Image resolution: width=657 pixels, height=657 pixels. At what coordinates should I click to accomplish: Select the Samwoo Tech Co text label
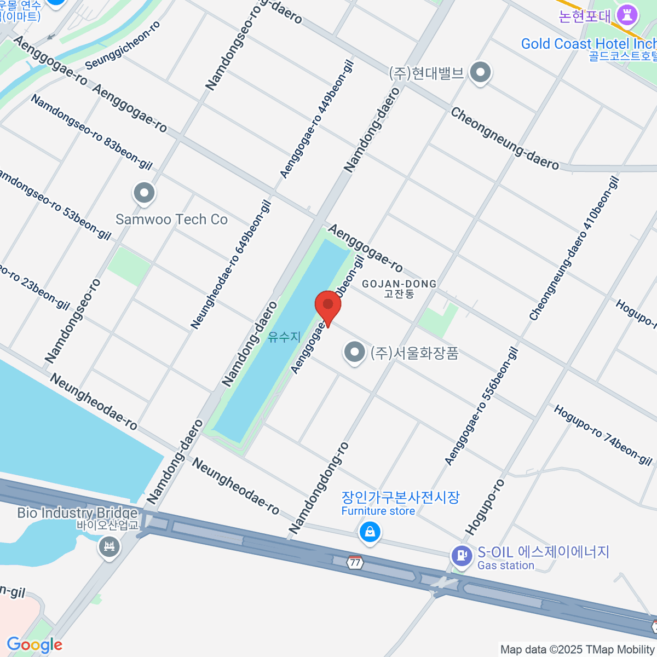tap(171, 220)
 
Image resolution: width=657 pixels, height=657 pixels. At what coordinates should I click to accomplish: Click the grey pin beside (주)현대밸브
tap(481, 72)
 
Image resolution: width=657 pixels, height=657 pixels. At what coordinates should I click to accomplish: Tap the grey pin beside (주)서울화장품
tap(354, 352)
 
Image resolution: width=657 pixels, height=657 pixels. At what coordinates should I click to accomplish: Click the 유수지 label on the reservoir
tap(284, 337)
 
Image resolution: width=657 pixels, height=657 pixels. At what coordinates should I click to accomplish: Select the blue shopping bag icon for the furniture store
tap(370, 531)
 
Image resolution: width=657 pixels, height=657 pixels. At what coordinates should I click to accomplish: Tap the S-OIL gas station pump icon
tap(462, 556)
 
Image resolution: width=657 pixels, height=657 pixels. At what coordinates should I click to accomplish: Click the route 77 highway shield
tap(355, 562)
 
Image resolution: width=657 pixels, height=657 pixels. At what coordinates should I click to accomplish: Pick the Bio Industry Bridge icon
tap(109, 546)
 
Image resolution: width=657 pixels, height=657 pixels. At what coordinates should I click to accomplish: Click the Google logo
tap(34, 645)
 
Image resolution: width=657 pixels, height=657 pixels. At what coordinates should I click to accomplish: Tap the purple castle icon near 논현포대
tap(627, 15)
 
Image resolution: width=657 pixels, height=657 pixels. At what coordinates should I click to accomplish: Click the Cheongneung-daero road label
tap(504, 139)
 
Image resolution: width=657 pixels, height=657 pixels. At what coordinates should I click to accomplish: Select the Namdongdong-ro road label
tap(319, 488)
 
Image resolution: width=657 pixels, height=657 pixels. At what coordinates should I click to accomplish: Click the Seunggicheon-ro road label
tap(123, 45)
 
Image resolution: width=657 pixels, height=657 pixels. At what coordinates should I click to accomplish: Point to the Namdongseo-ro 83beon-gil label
tap(91, 132)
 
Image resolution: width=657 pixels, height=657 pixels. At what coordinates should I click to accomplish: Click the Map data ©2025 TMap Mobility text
tap(578, 649)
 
